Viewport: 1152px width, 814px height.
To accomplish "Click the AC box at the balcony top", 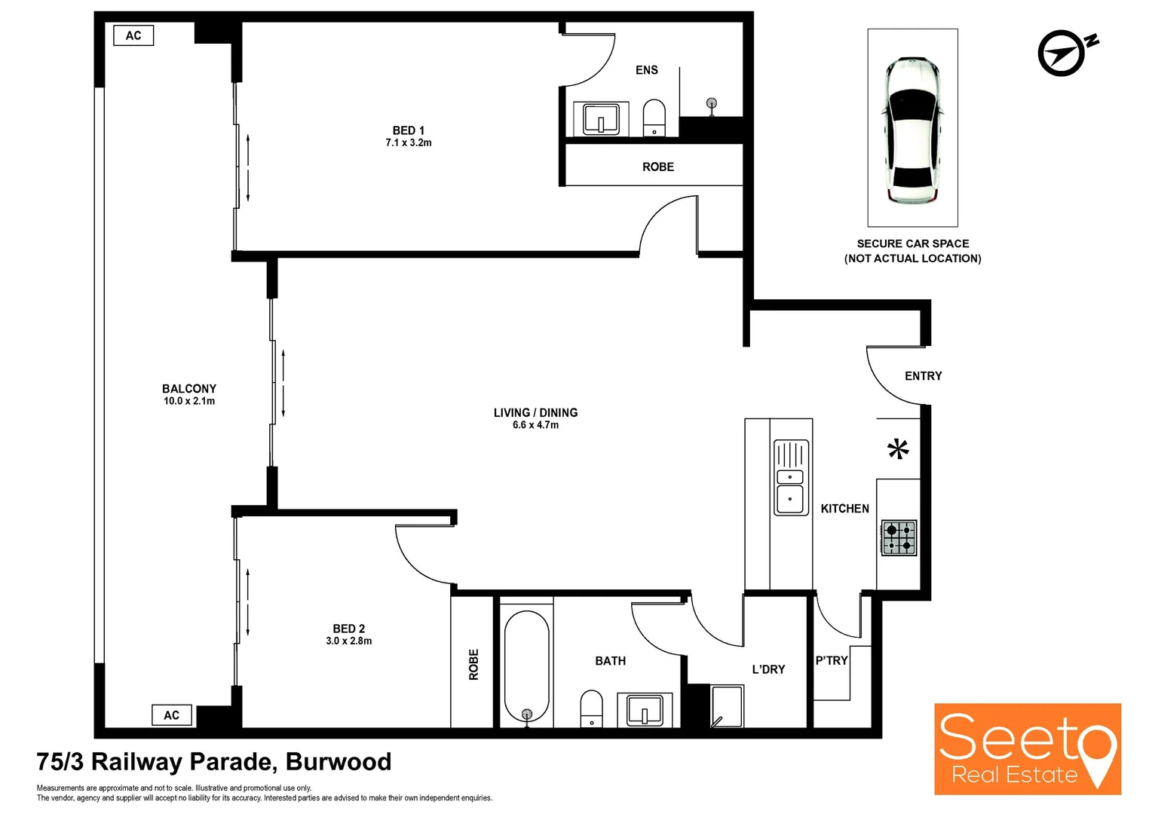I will (133, 35).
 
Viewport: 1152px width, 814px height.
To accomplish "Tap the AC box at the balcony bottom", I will (172, 715).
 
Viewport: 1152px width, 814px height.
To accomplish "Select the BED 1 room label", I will (408, 130).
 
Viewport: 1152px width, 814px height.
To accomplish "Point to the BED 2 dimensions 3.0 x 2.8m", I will (348, 641).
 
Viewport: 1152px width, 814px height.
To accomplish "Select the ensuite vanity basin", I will (601, 119).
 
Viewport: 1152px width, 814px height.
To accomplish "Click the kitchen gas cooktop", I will (899, 537).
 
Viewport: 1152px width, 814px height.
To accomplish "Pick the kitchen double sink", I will (790, 478).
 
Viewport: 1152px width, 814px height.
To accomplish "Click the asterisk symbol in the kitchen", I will (897, 449).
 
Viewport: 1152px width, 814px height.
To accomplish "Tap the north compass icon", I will (1065, 53).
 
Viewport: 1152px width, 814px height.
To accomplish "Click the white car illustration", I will (912, 130).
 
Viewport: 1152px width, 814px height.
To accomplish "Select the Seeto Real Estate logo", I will (1027, 749).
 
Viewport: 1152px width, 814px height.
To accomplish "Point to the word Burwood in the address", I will (339, 762).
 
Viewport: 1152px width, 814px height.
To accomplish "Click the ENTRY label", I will (923, 376).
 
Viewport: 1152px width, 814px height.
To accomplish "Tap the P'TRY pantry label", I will (832, 660).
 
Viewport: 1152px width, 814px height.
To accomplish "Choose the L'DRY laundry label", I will (768, 669).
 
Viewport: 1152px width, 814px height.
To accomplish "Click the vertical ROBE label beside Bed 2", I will (473, 665).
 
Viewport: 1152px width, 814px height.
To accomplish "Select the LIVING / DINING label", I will (535, 413).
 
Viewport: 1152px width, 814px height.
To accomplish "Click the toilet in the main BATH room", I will (591, 708).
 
